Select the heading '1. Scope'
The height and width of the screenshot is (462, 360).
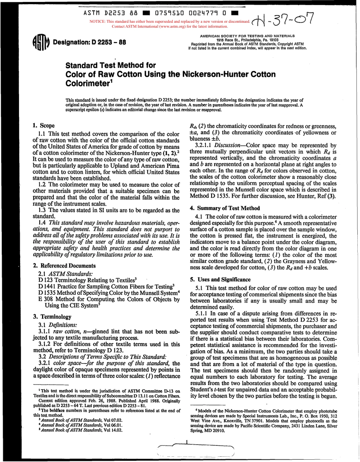coord(44,125)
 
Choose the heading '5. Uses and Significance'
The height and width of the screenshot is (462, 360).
coord(221,279)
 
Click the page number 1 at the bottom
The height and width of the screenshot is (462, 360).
coord(187,441)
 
